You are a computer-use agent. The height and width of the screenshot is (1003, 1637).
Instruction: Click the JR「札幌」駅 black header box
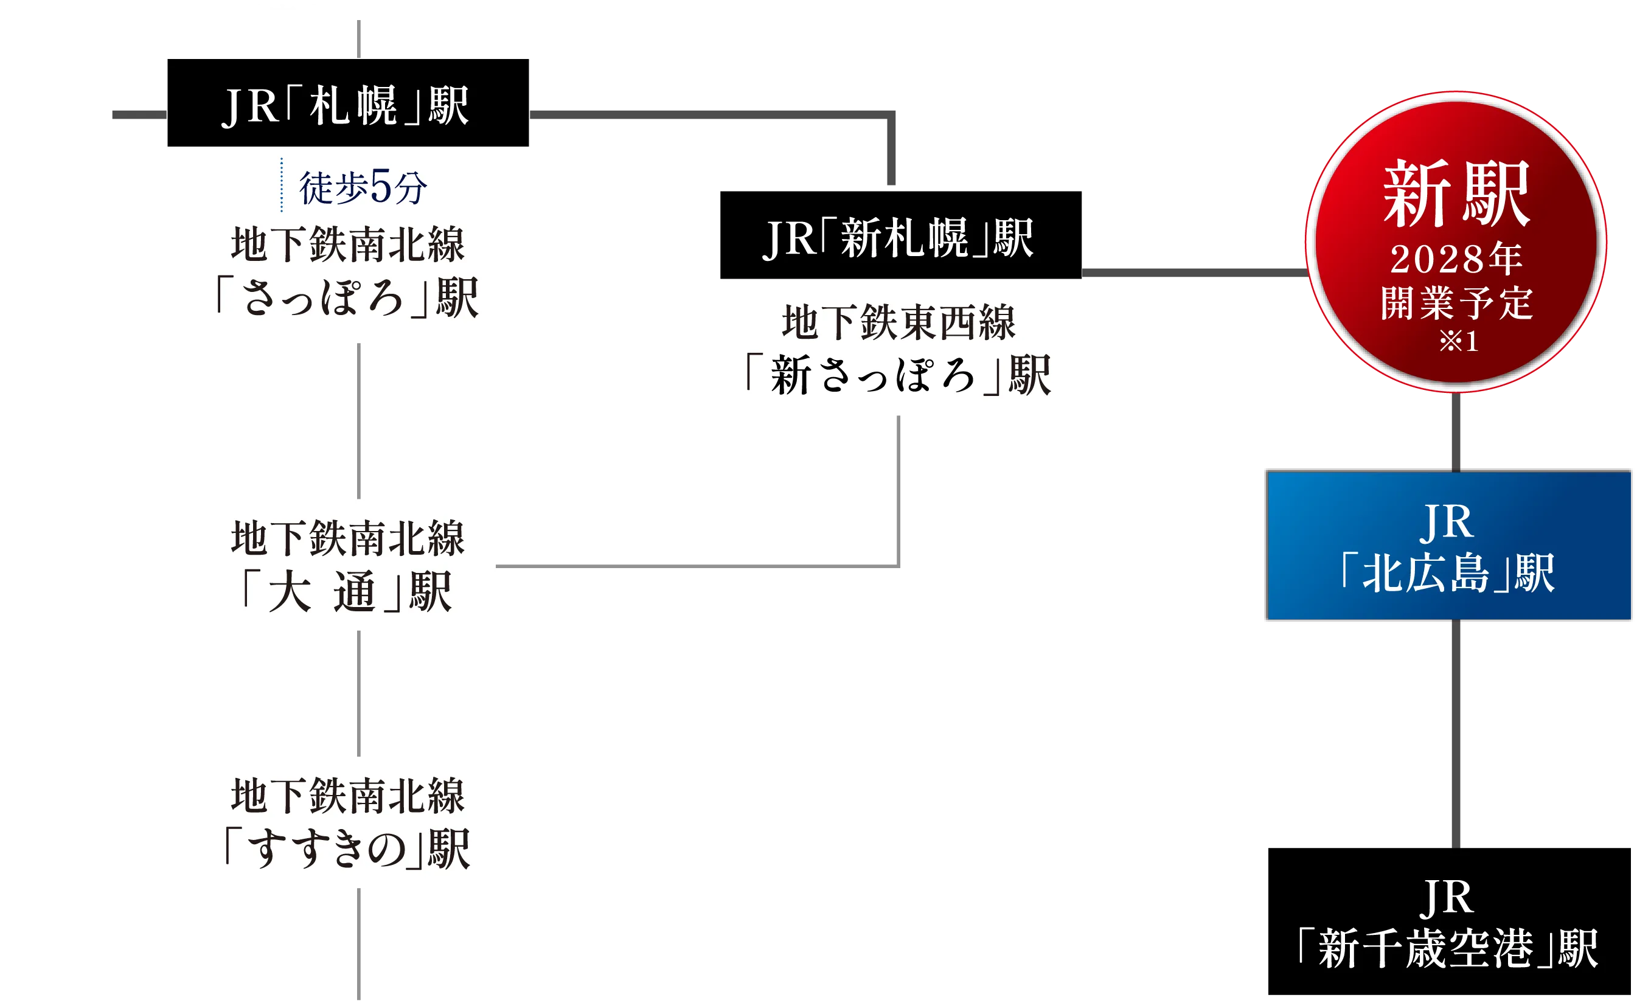pos(347,103)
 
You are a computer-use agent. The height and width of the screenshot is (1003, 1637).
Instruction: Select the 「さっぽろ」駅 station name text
pos(347,297)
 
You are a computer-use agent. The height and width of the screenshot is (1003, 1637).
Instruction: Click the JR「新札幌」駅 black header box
pos(900,237)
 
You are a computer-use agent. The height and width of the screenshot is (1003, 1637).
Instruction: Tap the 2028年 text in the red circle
pos(1456,259)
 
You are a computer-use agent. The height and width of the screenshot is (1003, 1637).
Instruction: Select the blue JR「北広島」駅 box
pos(1449,546)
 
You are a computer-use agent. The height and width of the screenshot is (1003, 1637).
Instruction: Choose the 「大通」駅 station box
pos(347,564)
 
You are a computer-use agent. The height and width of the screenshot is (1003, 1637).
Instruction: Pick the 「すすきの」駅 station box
pos(347,822)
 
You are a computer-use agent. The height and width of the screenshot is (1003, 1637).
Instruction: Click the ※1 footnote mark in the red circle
pos(1458,341)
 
